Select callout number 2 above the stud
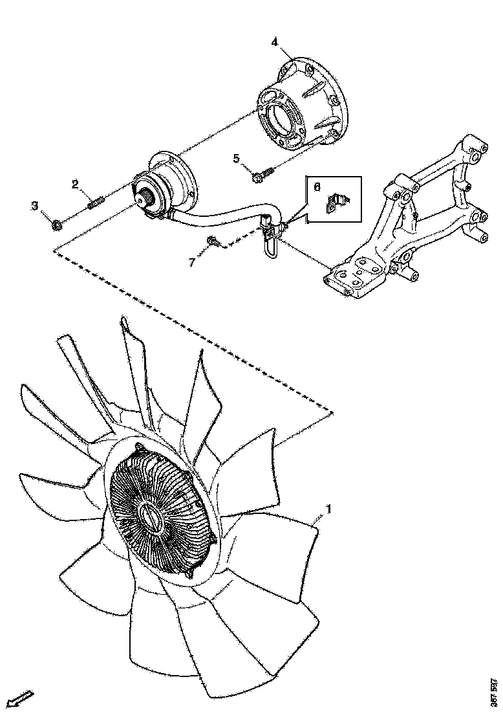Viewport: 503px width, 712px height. pos(76,185)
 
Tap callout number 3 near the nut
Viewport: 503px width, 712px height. pos(35,206)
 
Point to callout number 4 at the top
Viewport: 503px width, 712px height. pos(275,42)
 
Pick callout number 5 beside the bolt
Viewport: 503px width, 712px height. pos(237,158)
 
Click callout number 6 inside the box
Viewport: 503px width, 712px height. pos(317,186)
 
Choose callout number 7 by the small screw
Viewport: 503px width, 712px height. pos(191,261)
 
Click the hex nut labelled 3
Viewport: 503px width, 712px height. pos(57,225)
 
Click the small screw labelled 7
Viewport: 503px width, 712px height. pos(212,242)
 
